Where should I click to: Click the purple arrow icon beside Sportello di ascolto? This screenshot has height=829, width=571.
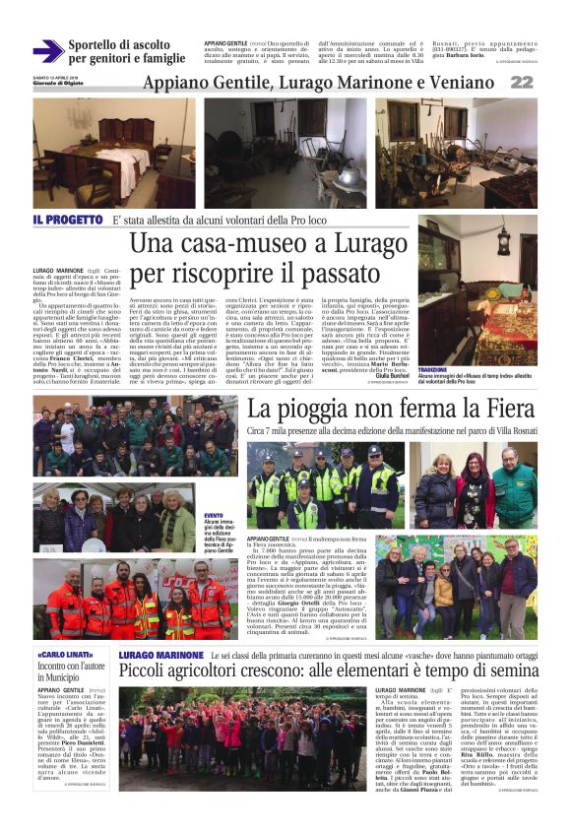click(x=47, y=51)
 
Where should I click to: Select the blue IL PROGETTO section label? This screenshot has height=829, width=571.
click(x=67, y=219)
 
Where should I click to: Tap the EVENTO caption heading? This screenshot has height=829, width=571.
click(x=213, y=515)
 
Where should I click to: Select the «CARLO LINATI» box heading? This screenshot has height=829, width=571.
click(x=66, y=627)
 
